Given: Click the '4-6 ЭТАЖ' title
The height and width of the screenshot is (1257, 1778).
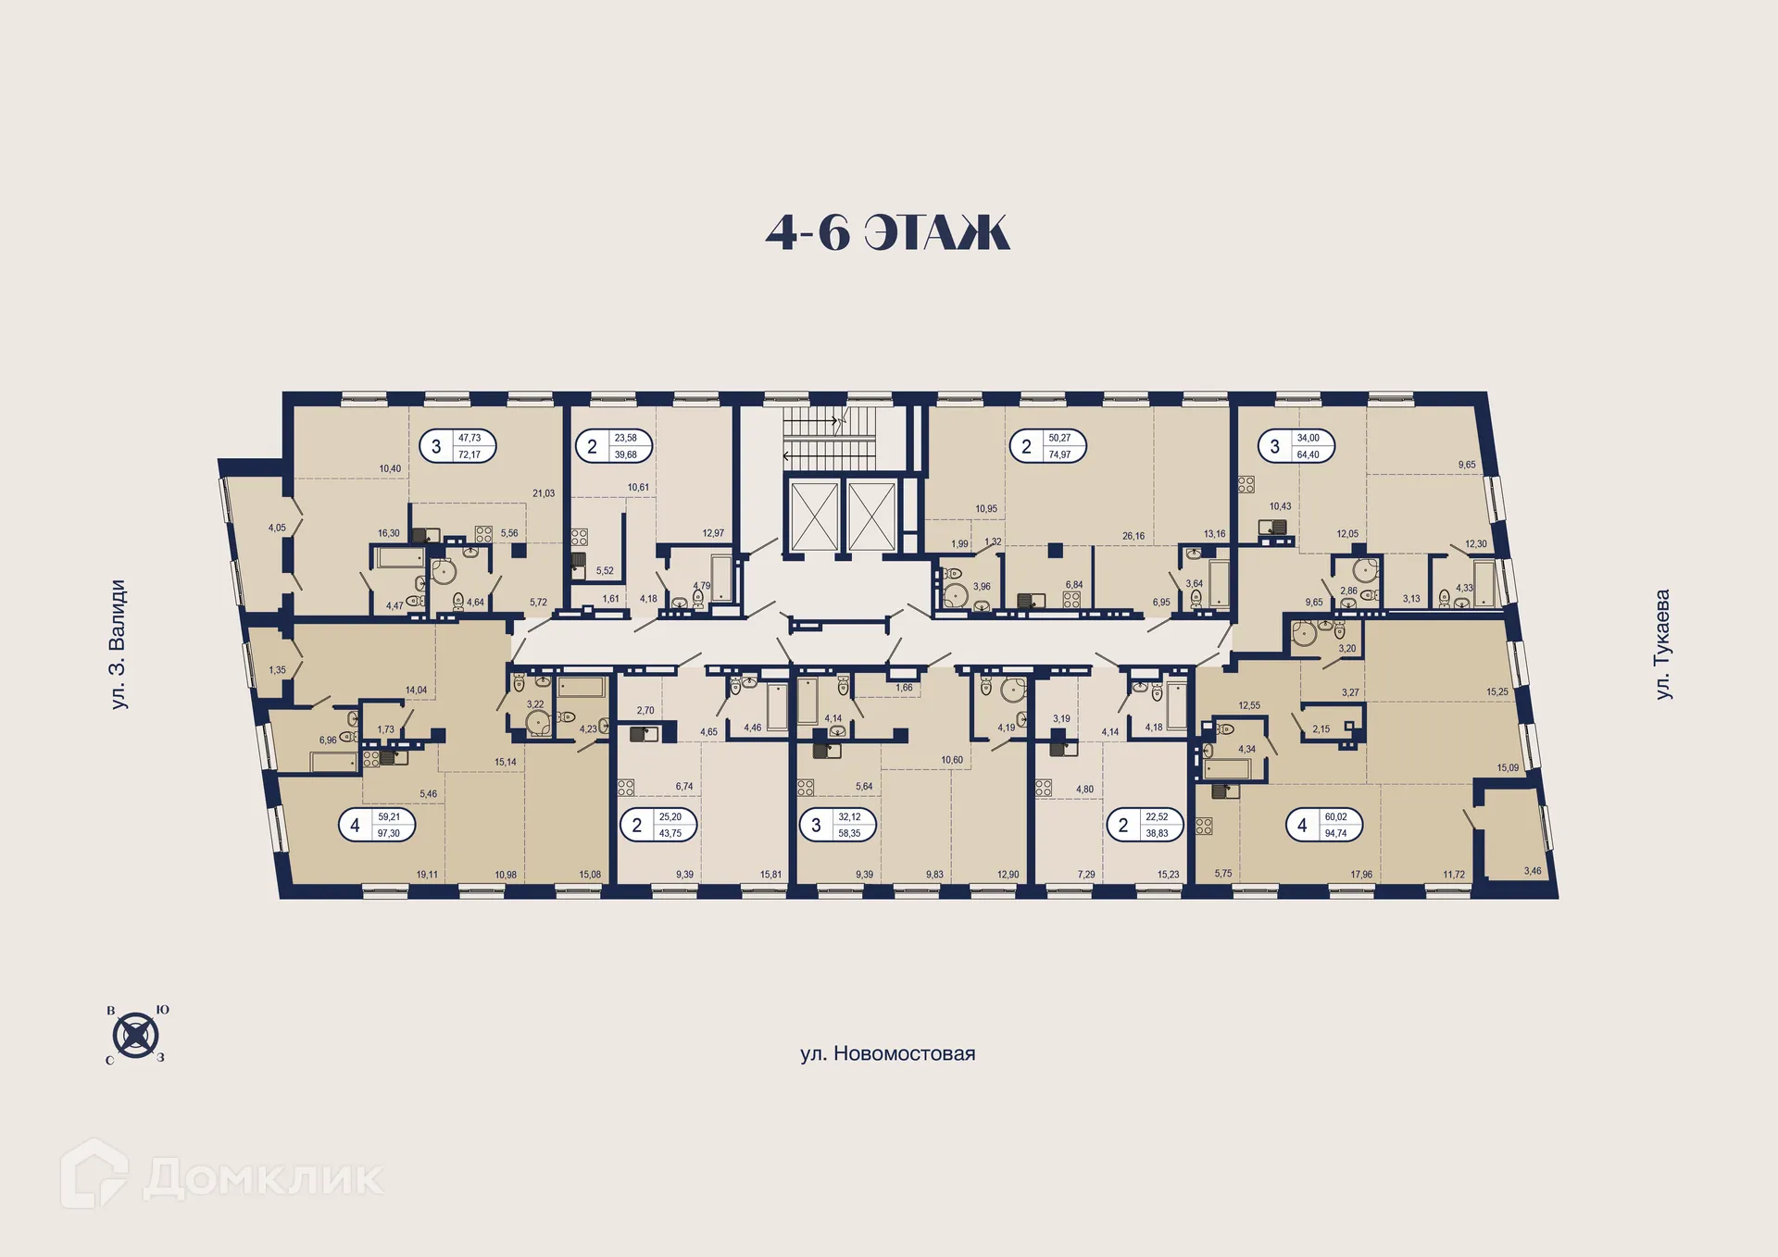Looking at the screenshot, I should click(887, 232).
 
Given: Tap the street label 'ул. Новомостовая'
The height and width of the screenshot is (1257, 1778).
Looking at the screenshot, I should click(887, 1053).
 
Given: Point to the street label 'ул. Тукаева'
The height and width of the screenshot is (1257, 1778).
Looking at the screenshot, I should click(1663, 644).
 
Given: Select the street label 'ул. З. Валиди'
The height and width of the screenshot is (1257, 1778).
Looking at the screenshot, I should click(118, 644).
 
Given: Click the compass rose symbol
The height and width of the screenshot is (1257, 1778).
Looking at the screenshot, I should click(136, 1034).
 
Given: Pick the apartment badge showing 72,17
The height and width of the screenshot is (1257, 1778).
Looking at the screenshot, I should click(458, 446).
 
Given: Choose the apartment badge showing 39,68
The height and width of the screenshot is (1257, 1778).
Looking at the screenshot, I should click(614, 446).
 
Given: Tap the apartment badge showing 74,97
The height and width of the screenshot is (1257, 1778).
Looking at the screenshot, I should click(1047, 446).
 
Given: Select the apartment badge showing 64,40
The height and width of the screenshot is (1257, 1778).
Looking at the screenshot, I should click(1296, 446).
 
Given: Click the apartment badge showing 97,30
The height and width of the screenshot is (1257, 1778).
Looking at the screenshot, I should click(377, 825).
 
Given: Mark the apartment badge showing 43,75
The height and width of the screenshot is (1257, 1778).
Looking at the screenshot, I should click(658, 825).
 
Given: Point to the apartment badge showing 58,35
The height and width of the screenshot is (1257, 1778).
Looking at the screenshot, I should click(838, 825).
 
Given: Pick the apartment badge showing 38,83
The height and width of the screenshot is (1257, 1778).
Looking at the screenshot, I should click(1146, 825).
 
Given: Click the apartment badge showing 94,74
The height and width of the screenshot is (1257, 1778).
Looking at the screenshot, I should click(1324, 825).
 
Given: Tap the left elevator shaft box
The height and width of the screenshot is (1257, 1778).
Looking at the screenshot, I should click(813, 516).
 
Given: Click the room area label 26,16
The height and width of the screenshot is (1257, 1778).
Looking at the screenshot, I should click(1133, 536).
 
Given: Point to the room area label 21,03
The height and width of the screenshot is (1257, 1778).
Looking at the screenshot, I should click(544, 493).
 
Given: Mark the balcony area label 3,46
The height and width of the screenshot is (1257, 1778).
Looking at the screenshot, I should click(1533, 871).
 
